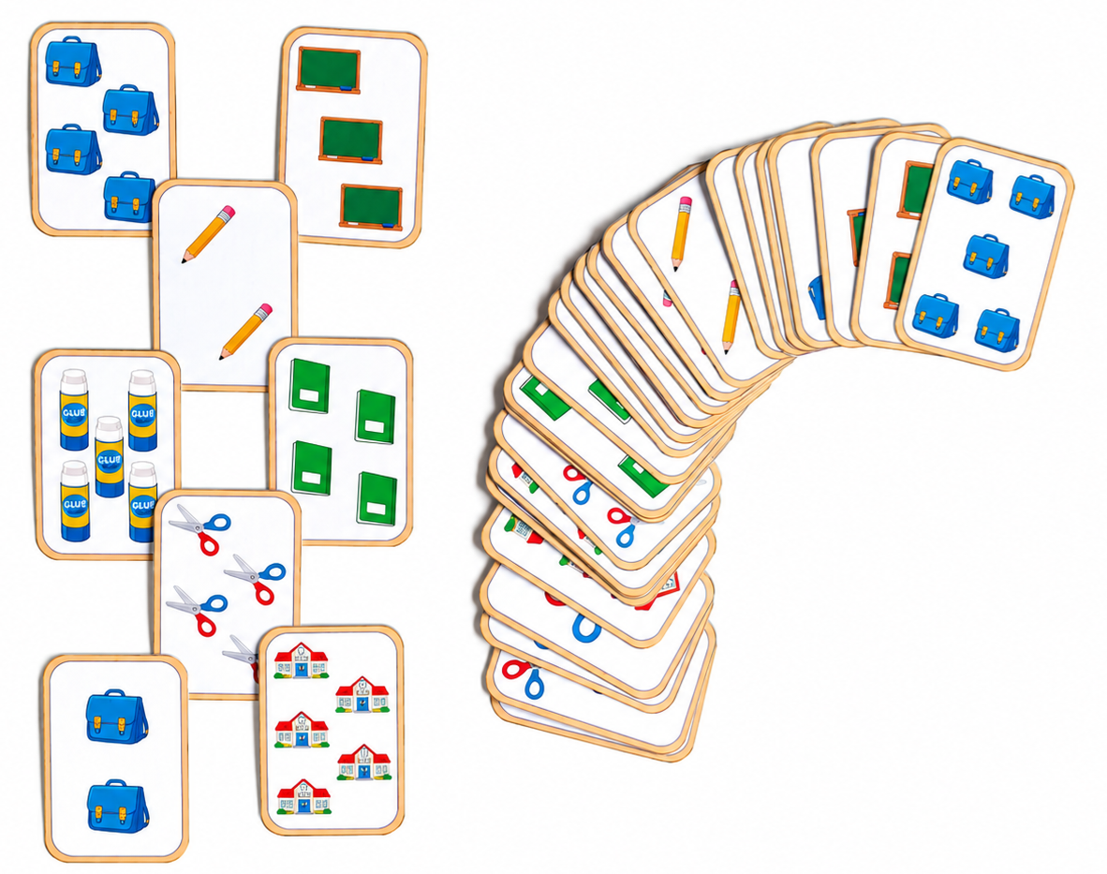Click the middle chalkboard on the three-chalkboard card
coord(351,140)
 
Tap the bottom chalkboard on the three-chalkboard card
coord(372,207)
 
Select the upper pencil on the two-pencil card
coord(208,234)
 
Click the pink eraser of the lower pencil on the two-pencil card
coord(264,311)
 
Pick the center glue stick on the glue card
coord(110,456)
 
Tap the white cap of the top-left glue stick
coord(73,382)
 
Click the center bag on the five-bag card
coord(986,256)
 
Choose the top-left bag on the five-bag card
coord(970,182)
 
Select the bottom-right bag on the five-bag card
coord(997,330)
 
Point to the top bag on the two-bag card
coord(117,717)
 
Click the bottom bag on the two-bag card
coord(118,806)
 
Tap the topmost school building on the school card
coord(302,660)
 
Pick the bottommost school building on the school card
coord(303,796)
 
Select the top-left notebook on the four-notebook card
coord(310,385)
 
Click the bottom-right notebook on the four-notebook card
coord(377,499)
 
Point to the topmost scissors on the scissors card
coord(199,527)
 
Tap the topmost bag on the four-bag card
coord(73,62)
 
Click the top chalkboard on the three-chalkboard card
coord(329,70)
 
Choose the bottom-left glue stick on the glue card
coord(75,500)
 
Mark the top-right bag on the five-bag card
coord(1032,197)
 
